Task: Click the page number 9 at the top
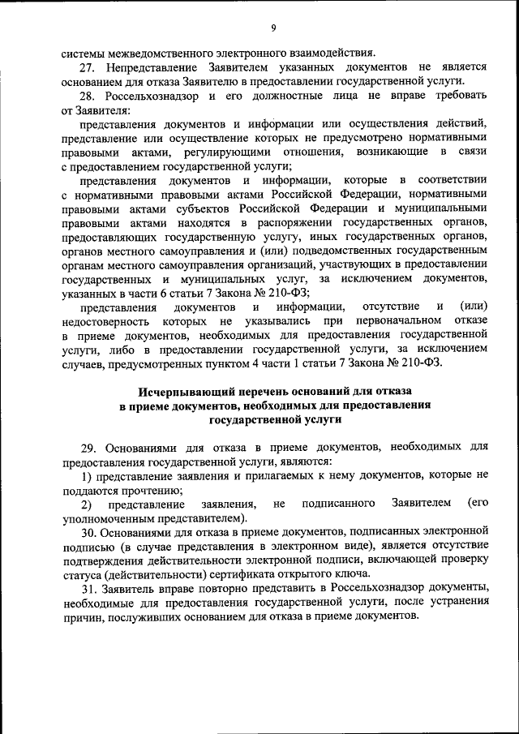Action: coord(274,28)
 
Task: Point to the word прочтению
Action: coord(156,490)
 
